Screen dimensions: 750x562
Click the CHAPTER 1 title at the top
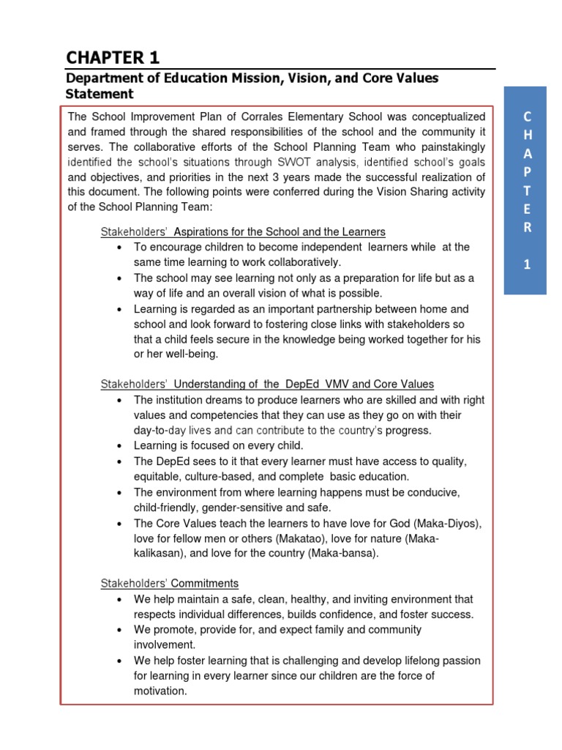[x=112, y=57]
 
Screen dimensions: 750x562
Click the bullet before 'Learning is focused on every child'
[x=119, y=446]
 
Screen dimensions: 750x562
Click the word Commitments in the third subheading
[x=205, y=584]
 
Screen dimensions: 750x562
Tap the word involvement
[x=164, y=645]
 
